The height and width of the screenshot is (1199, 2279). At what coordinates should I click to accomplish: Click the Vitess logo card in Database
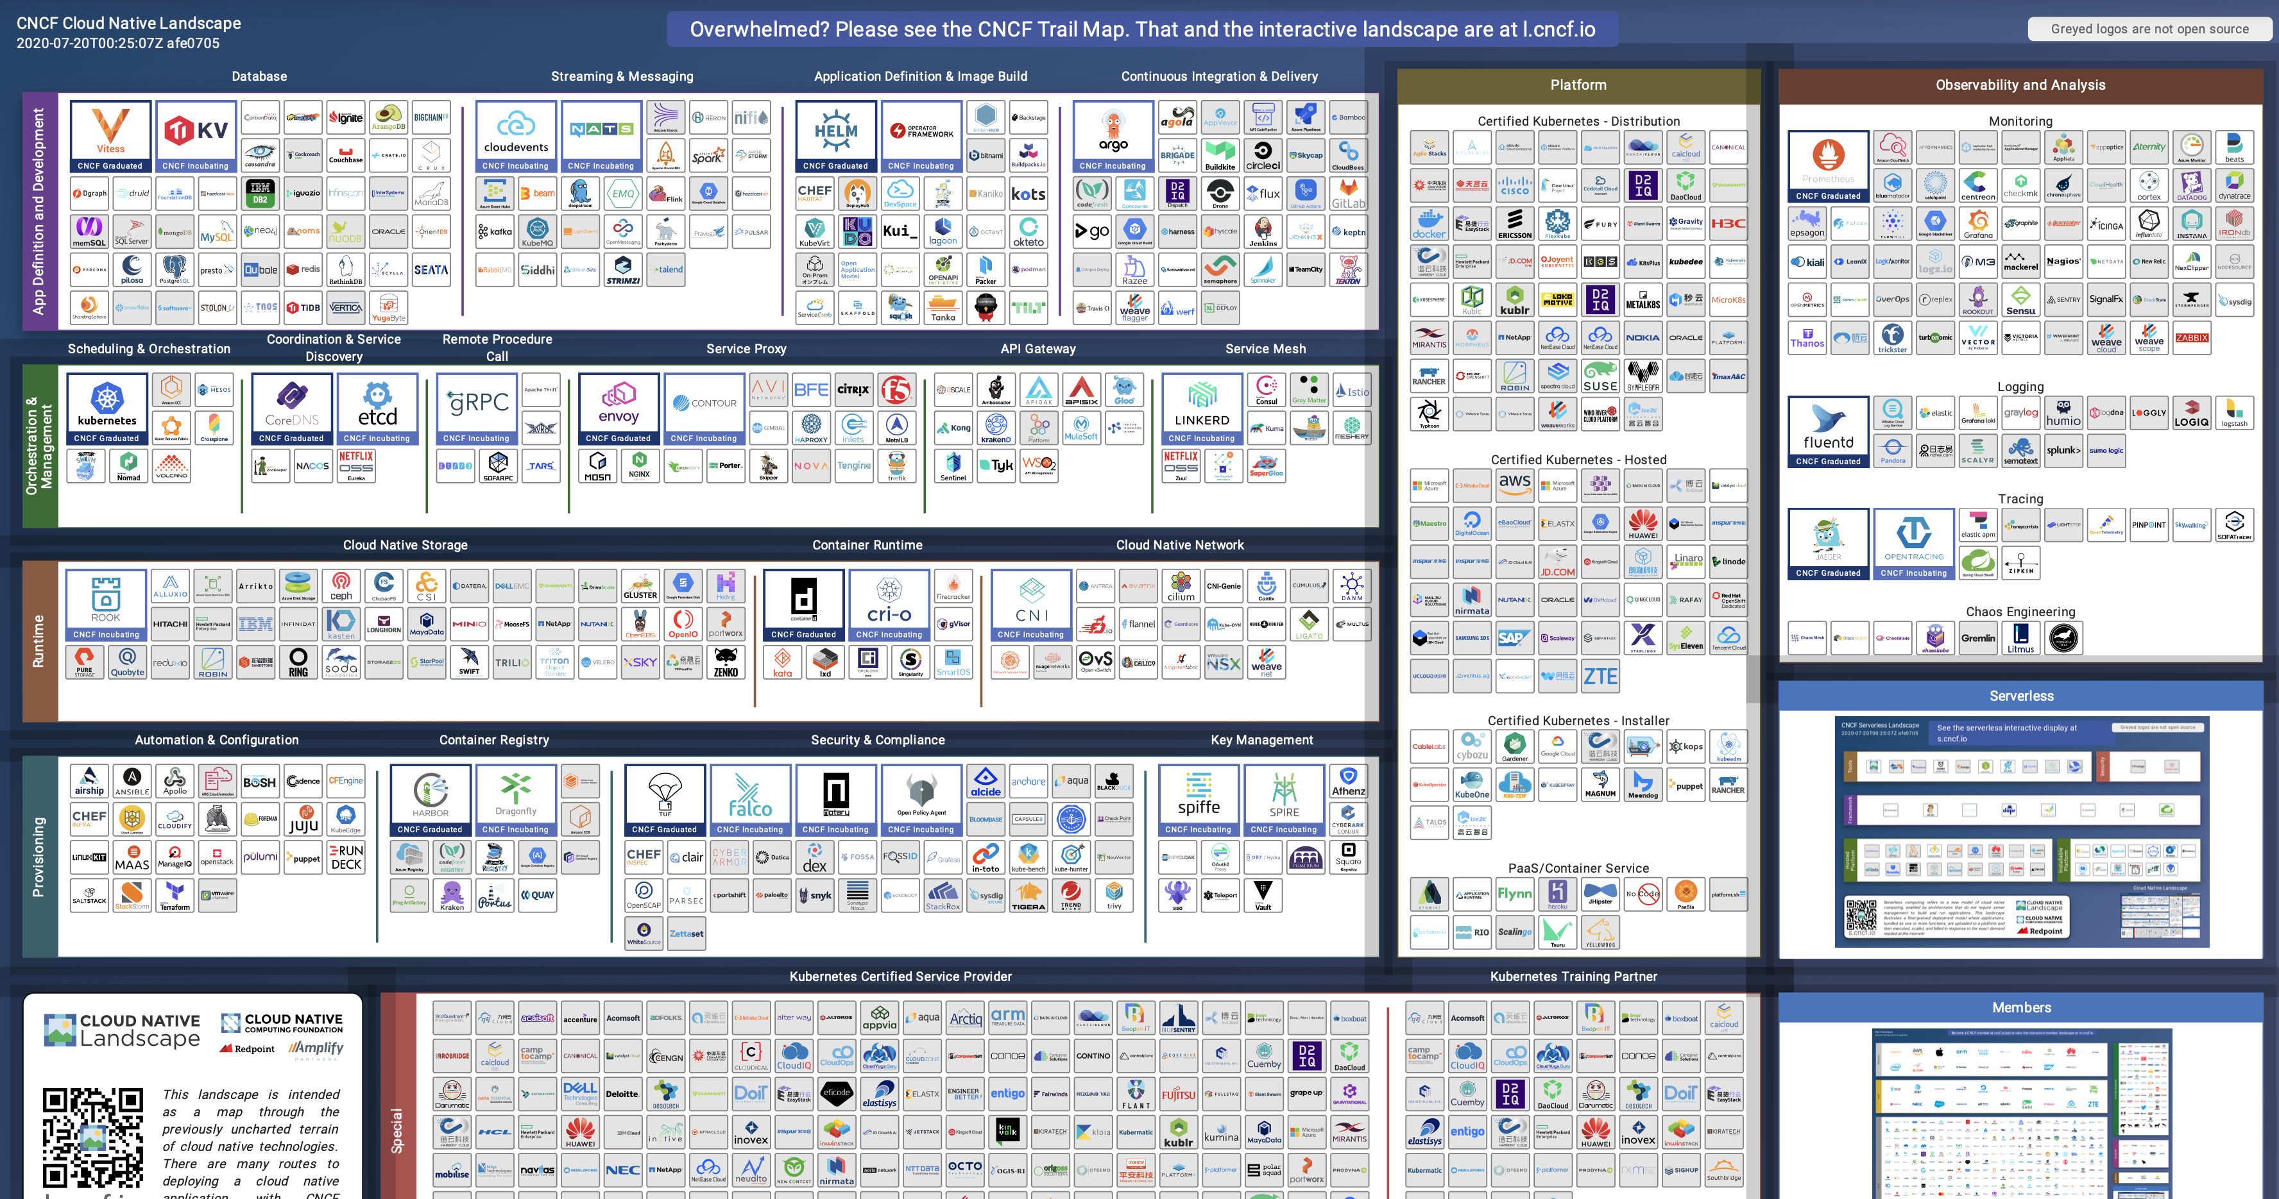tap(110, 136)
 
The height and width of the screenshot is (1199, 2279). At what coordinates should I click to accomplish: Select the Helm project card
tap(835, 136)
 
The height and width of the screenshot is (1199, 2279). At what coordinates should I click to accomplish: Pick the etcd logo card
tap(377, 408)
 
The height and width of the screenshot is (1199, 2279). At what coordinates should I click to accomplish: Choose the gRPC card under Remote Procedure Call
tap(476, 408)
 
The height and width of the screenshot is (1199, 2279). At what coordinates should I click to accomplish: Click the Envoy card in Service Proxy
tap(619, 408)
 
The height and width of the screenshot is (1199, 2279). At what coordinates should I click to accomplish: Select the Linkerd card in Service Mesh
tap(1202, 408)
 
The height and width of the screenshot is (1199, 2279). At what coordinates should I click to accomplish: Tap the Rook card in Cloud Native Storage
tap(105, 605)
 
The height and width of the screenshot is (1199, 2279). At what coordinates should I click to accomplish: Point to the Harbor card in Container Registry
tap(430, 800)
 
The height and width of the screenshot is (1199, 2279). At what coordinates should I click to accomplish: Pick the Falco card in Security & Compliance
tap(749, 800)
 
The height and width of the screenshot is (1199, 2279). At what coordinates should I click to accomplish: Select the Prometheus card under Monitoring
tap(1828, 166)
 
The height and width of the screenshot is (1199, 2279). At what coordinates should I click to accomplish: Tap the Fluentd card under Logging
tap(1828, 432)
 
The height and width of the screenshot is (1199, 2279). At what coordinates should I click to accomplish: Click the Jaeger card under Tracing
tap(1828, 544)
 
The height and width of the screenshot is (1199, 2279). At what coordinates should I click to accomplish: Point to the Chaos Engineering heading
tap(2020, 612)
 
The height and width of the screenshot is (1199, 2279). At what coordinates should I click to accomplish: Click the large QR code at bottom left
tap(93, 1137)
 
